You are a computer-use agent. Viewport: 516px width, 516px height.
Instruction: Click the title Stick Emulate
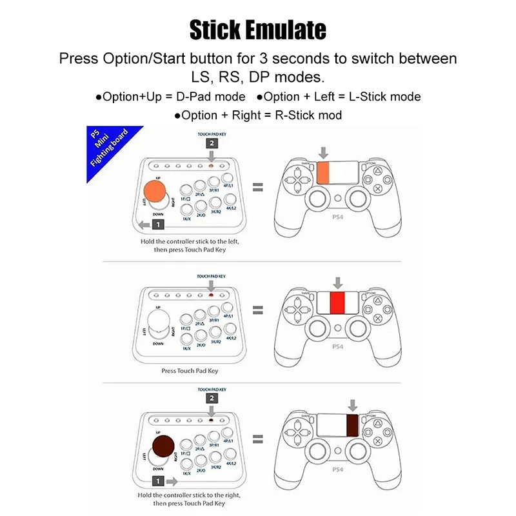click(258, 30)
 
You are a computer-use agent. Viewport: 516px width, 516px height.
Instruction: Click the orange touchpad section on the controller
click(322, 173)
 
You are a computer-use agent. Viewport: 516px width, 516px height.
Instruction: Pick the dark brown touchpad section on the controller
click(352, 427)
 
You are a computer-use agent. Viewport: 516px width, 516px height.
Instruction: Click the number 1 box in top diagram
click(158, 224)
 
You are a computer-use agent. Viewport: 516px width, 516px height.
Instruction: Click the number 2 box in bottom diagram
click(212, 399)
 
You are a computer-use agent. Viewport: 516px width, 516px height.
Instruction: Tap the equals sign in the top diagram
click(257, 187)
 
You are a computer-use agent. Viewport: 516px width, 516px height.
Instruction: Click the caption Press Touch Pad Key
click(190, 371)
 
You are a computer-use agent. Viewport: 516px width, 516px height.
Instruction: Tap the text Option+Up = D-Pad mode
click(170, 97)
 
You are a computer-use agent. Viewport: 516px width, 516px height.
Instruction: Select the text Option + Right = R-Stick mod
click(257, 115)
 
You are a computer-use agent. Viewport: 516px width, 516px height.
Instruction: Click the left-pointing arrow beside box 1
click(141, 224)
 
